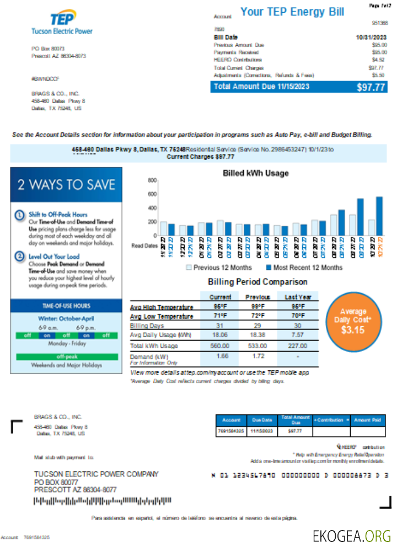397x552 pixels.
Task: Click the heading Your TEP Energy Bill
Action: (292, 12)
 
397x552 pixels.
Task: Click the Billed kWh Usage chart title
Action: (255, 173)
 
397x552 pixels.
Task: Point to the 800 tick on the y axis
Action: (152, 181)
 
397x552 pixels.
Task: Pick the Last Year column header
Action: (299, 297)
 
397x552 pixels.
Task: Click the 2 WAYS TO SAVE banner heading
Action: (66, 184)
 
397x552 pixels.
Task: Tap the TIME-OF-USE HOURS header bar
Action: (66, 306)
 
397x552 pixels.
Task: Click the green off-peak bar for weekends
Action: (66, 357)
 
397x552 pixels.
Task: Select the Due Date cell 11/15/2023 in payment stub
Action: (262, 431)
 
